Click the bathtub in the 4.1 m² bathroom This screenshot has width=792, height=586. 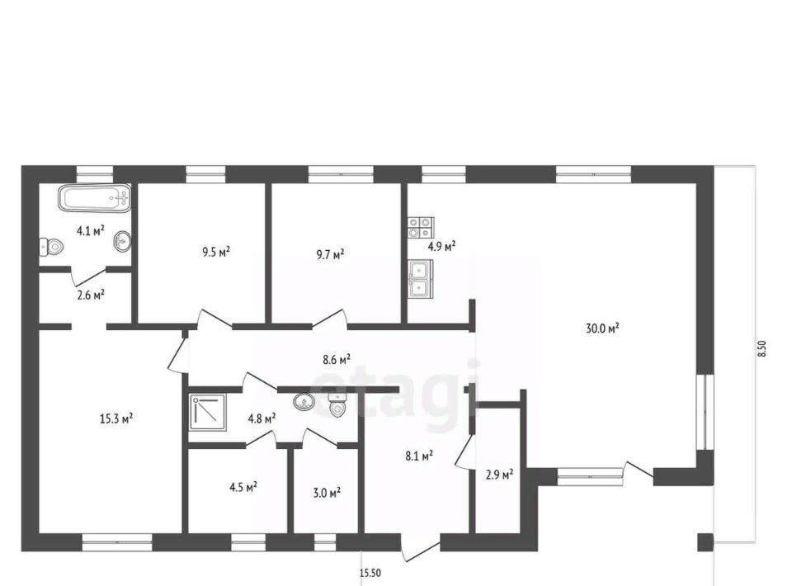(95, 198)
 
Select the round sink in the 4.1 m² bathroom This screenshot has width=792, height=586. (123, 242)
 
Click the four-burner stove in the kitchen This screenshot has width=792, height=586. (421, 227)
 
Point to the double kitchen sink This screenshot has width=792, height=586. (420, 279)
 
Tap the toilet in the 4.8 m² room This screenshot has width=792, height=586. (337, 405)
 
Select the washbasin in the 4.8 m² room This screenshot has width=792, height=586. (304, 402)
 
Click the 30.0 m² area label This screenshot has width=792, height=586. (602, 328)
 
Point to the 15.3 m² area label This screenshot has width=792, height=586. (116, 418)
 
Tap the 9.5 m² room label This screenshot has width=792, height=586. (216, 252)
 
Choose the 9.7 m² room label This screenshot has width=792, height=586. (330, 253)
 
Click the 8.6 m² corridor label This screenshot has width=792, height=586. (337, 360)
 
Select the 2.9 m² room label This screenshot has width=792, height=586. (500, 475)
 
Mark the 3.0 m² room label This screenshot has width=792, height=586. (327, 492)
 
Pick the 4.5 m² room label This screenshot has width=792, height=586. (243, 487)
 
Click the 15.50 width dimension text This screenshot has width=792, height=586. (370, 573)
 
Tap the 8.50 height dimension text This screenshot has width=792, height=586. (762, 349)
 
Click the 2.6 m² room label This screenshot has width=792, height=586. (91, 295)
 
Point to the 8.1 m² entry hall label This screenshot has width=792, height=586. (419, 456)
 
